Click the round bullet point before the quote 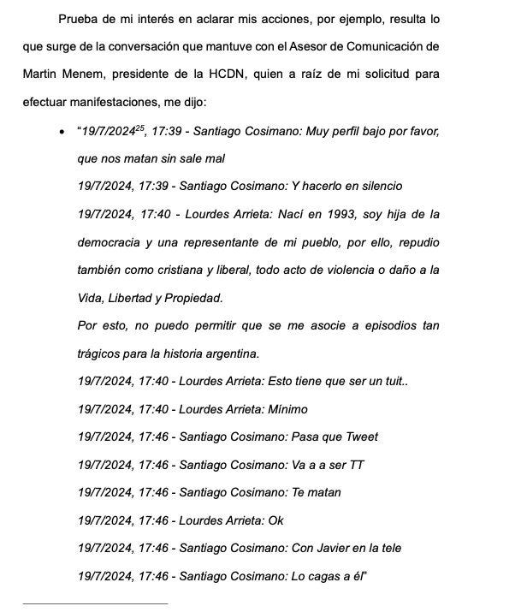point(59,131)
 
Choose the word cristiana point(199,270)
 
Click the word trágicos point(99,354)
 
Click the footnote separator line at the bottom point(95,603)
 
